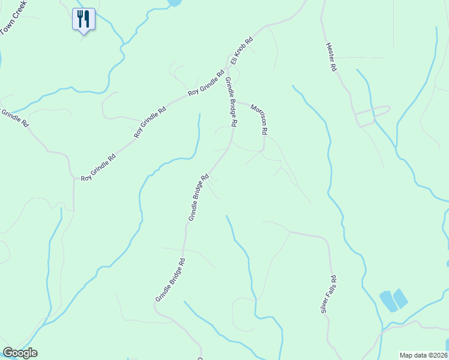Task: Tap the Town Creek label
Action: (x=14, y=17)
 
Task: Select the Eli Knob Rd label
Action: (x=242, y=52)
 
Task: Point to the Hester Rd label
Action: (x=330, y=57)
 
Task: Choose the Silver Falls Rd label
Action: (x=328, y=294)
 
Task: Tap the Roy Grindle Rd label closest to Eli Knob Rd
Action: (x=205, y=85)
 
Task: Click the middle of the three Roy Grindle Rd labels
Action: (x=149, y=122)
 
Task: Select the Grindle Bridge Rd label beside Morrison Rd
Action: (x=231, y=103)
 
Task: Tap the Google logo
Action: (x=20, y=353)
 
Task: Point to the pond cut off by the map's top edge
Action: (x=174, y=2)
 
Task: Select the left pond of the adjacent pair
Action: (x=388, y=301)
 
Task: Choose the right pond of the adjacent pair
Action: (x=400, y=298)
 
